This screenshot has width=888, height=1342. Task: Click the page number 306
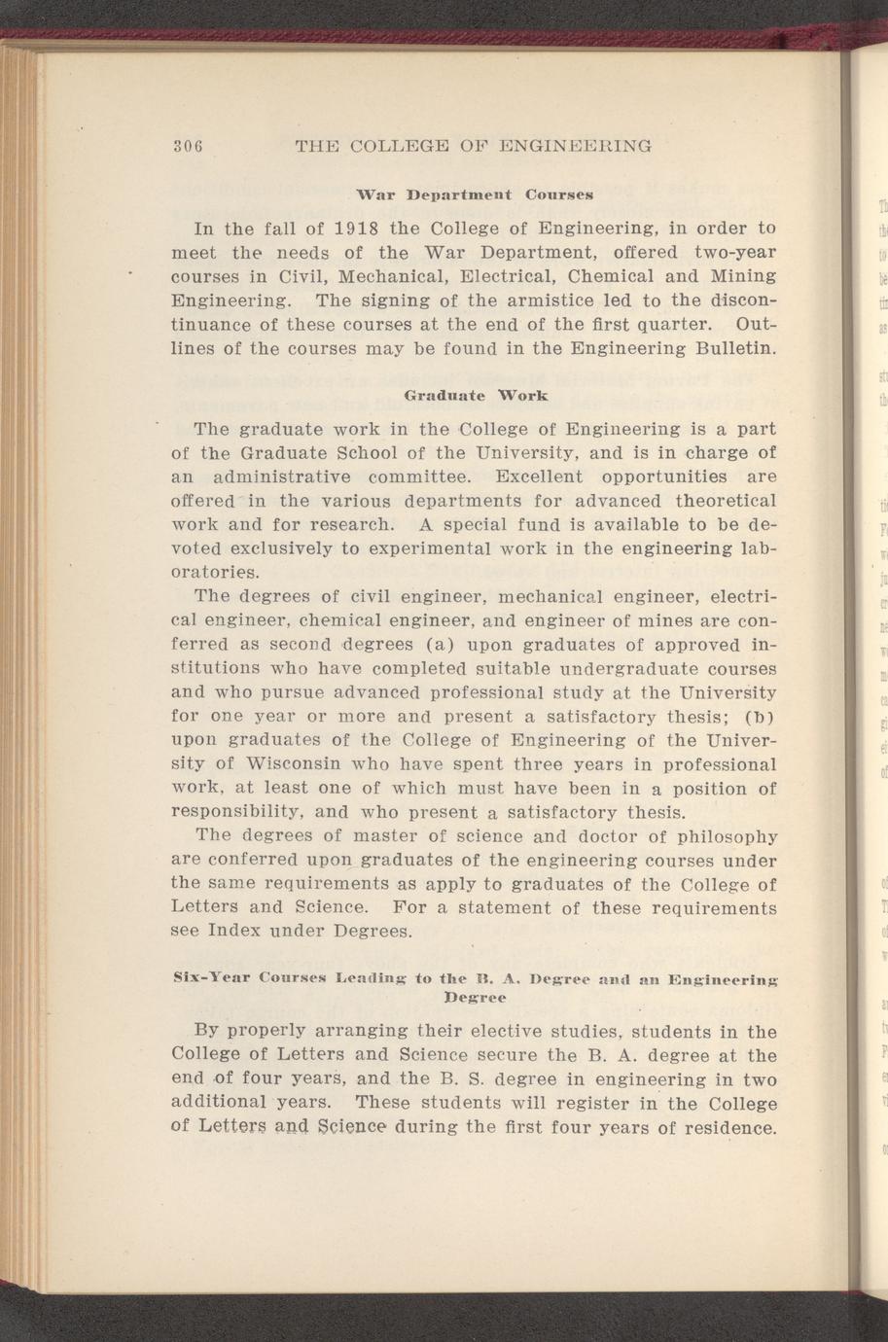coord(186,147)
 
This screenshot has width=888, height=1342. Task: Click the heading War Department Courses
coord(475,194)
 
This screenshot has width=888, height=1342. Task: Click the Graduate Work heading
coord(476,396)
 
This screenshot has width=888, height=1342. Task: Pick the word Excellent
coord(539,477)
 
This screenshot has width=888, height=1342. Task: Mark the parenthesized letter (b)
coord(762,717)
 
